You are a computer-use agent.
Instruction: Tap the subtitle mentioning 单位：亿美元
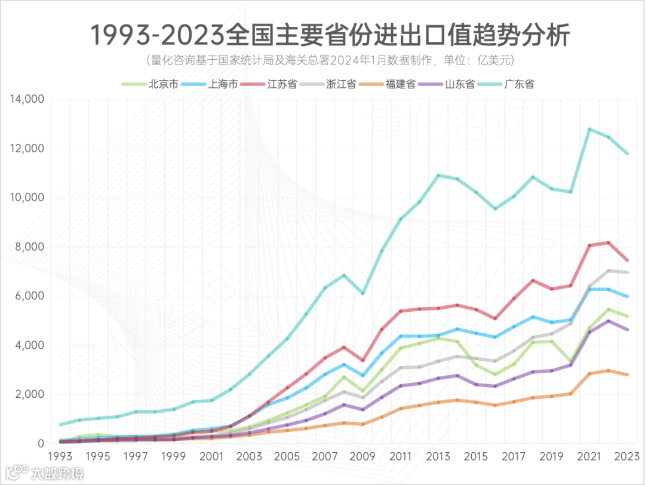tap(330, 61)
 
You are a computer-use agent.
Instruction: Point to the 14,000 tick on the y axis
tap(27, 99)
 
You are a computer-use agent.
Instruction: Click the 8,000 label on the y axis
tap(30, 247)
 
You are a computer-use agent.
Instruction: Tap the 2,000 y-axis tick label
tap(30, 394)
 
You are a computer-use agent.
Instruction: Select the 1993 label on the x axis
tap(60, 456)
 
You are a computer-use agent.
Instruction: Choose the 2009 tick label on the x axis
tap(362, 456)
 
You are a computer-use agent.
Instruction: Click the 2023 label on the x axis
tap(626, 456)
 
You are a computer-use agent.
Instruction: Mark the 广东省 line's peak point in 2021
tap(589, 129)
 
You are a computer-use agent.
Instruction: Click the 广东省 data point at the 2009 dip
tap(363, 293)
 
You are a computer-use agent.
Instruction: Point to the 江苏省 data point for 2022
tap(608, 242)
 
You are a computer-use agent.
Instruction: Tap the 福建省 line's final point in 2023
tap(627, 375)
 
